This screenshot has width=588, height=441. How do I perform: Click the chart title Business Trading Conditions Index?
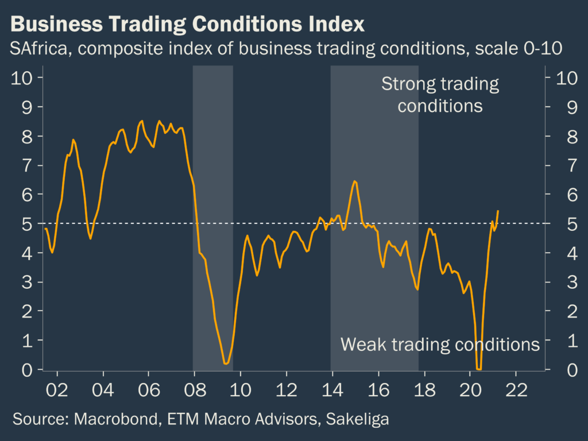(x=187, y=25)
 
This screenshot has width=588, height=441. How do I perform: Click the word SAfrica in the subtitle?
(x=38, y=49)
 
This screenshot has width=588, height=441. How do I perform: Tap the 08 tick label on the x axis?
(x=194, y=388)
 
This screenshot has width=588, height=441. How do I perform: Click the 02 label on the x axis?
(x=57, y=388)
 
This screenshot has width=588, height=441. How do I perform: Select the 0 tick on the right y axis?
(x=556, y=370)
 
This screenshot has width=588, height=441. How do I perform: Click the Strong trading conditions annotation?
(x=440, y=95)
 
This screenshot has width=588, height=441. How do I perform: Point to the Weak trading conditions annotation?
(x=440, y=344)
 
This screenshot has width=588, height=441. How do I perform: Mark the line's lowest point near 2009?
(x=226, y=363)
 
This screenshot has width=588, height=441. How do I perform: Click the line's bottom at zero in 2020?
(x=479, y=369)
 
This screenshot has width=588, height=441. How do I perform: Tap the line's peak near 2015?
(x=354, y=181)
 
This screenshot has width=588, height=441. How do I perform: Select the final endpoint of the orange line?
(x=497, y=211)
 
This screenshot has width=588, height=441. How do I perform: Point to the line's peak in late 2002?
(x=73, y=140)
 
